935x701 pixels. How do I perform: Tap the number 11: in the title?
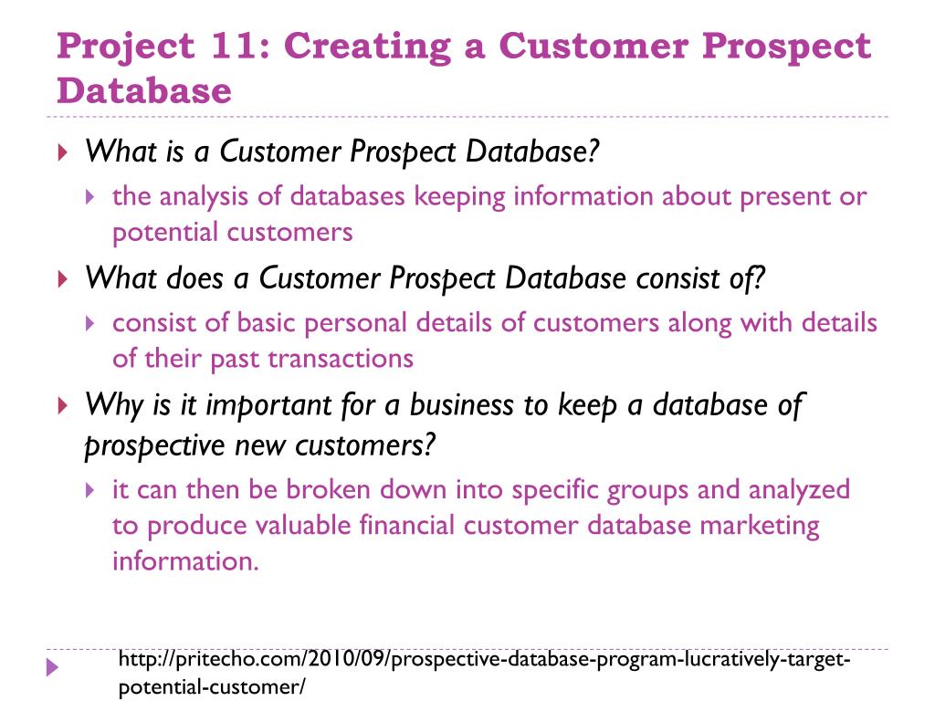click(x=232, y=47)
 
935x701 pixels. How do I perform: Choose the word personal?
click(x=356, y=322)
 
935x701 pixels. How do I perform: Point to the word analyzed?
click(x=799, y=490)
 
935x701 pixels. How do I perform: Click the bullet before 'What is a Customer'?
click(x=61, y=152)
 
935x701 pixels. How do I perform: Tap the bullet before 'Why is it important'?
click(x=61, y=405)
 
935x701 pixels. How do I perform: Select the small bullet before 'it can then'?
click(x=89, y=491)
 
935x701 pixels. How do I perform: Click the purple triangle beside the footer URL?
click(x=52, y=668)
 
